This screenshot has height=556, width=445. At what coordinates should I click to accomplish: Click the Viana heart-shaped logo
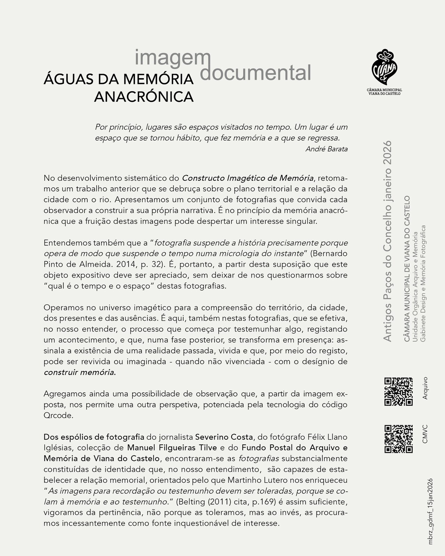click(384, 67)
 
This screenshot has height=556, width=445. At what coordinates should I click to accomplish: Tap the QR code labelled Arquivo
click(398, 392)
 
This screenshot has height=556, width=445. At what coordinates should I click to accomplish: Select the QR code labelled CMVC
click(398, 439)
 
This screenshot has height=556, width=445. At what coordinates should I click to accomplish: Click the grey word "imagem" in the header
click(170, 58)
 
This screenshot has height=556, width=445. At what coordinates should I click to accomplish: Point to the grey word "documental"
click(256, 73)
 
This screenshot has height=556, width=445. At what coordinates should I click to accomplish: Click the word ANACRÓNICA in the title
click(144, 97)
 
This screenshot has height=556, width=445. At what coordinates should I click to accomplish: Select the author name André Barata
click(326, 149)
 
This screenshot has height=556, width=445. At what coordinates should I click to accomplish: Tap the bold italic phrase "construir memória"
click(79, 373)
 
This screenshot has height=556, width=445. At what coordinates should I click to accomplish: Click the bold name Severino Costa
click(224, 436)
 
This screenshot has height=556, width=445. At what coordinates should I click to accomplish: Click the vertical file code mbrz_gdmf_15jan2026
click(430, 511)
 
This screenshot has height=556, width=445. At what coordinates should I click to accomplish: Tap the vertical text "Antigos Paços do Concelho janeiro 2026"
click(387, 241)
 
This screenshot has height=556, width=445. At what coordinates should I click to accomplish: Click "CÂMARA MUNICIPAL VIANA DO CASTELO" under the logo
click(384, 91)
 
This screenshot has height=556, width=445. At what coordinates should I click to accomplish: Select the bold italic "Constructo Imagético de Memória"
click(248, 178)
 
